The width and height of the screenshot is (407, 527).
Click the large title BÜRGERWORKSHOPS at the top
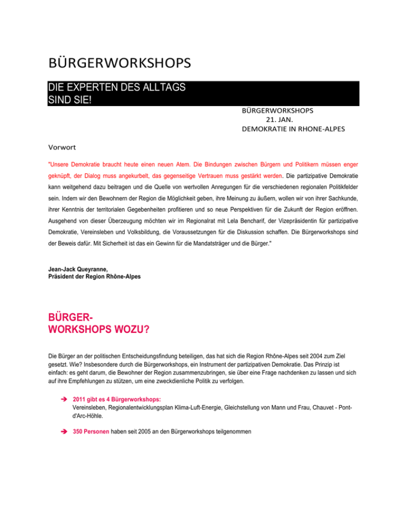tap(119, 64)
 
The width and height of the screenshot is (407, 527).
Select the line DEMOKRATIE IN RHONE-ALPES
tap(292, 129)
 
